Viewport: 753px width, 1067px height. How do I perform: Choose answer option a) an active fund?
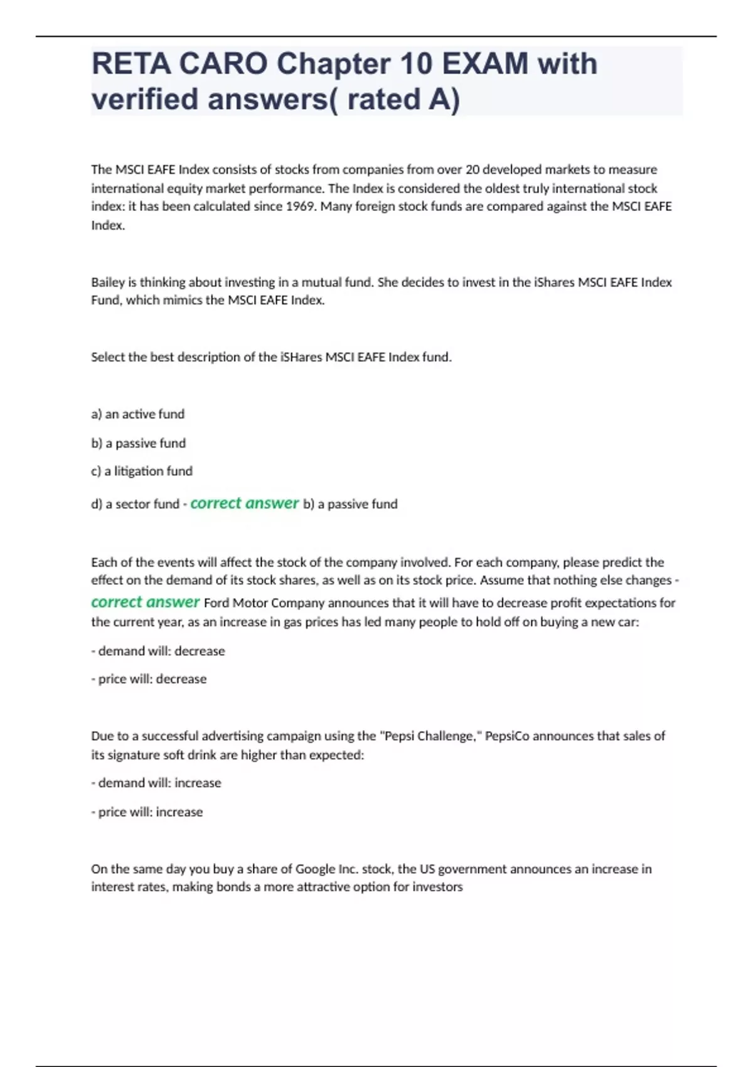coord(138,414)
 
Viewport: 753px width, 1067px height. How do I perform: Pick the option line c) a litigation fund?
coord(142,471)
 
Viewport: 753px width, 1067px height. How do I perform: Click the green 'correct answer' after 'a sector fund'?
coord(244,503)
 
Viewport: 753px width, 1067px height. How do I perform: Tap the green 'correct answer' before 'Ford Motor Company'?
coord(145,602)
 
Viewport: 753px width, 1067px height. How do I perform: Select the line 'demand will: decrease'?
coord(158,651)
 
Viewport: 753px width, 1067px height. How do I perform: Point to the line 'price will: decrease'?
coord(149,679)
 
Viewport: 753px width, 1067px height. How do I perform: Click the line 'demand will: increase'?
coord(156,783)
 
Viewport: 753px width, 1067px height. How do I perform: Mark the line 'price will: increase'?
coord(147,812)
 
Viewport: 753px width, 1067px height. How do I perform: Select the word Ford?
coord(217,603)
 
